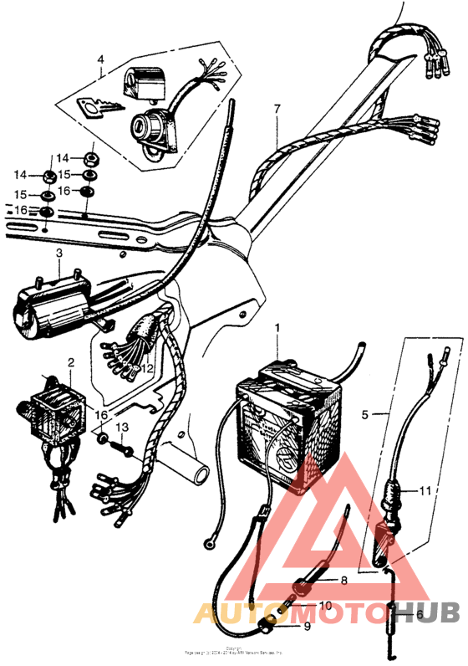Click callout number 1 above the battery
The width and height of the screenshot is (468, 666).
point(279,330)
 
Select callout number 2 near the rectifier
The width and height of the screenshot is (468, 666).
point(71,363)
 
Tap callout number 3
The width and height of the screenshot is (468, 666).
point(59,254)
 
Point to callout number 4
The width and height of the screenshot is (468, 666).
point(100,60)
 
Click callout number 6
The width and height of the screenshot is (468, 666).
point(420,612)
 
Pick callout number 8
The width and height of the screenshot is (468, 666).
point(343,579)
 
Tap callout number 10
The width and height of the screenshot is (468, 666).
point(325,605)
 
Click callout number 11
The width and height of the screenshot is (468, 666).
point(426,491)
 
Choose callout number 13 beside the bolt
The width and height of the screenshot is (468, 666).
point(123,428)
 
